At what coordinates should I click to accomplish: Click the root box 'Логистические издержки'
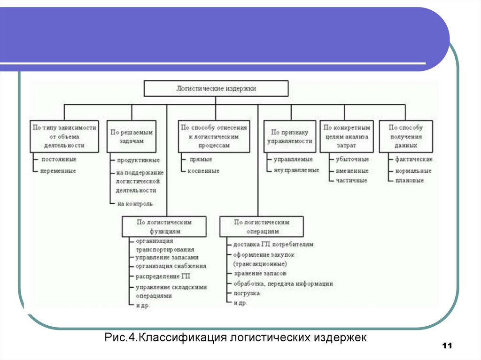point(216,88)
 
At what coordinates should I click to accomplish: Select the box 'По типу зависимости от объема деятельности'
point(64,136)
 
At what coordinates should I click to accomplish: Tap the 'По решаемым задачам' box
point(132,136)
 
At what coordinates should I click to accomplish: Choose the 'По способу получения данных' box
point(406,136)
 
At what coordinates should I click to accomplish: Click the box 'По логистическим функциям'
point(164,226)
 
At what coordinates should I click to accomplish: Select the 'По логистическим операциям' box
point(262,226)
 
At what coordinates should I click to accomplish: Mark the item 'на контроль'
point(135,204)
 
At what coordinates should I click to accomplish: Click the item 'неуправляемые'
point(296,170)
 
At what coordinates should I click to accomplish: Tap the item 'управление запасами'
point(167,257)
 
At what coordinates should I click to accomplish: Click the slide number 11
point(447,346)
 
